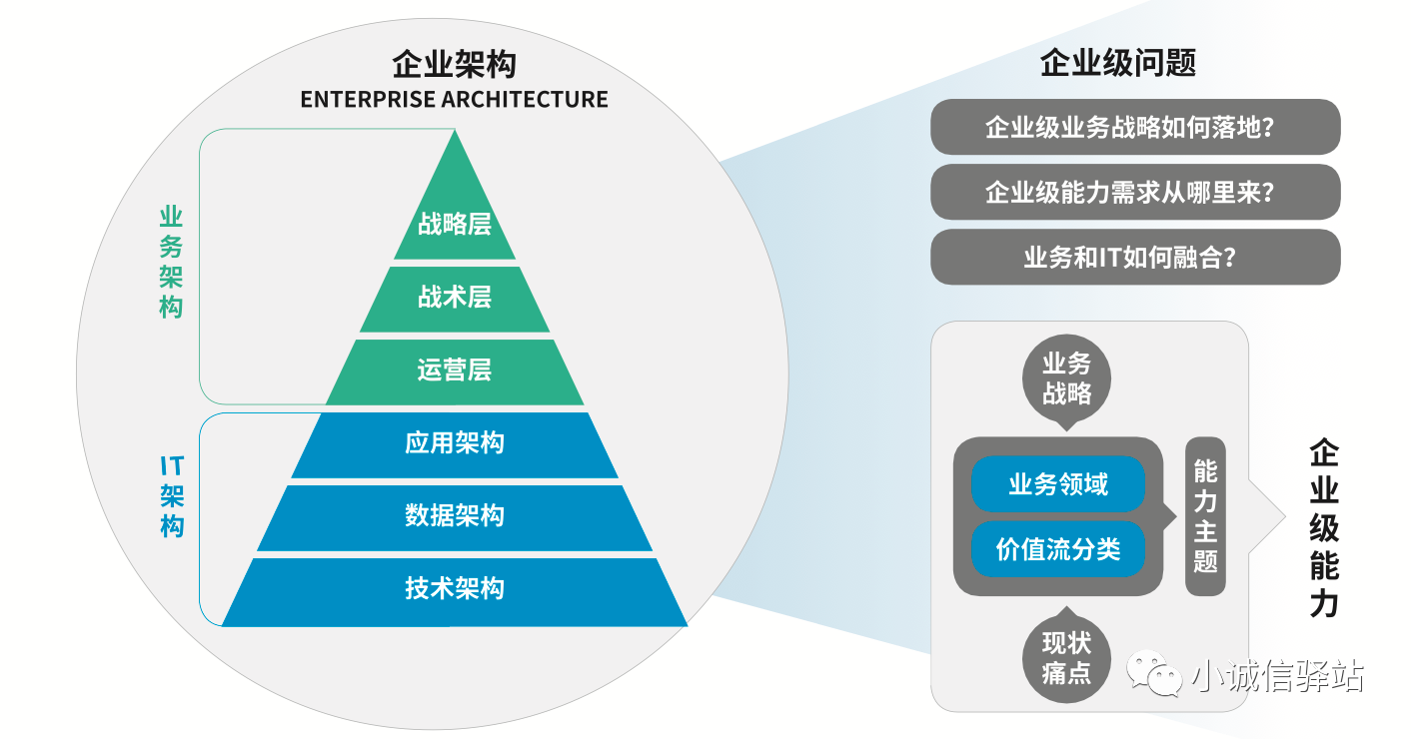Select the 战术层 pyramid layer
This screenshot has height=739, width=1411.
click(455, 299)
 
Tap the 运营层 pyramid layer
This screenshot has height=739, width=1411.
click(455, 372)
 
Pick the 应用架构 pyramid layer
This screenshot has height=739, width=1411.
click(455, 445)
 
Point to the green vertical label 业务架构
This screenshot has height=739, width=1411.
click(171, 262)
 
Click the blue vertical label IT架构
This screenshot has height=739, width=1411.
click(171, 496)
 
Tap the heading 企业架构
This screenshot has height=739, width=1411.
click(454, 64)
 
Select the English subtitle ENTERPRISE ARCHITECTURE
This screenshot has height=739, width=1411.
click(454, 100)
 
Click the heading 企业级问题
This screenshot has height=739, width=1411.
click(1118, 62)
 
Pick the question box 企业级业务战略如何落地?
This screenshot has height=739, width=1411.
click(1135, 127)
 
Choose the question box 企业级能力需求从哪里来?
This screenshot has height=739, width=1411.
click(1135, 192)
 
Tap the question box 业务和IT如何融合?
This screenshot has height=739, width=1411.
click(1135, 257)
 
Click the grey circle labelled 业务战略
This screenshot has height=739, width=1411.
click(1066, 378)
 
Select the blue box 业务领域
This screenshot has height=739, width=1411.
click(1058, 484)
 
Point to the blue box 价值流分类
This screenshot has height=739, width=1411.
click(1058, 549)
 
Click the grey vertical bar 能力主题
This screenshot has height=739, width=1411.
click(1205, 516)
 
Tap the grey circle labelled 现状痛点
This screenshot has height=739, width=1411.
click(1066, 657)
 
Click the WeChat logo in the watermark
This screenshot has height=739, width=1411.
click(1154, 673)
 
